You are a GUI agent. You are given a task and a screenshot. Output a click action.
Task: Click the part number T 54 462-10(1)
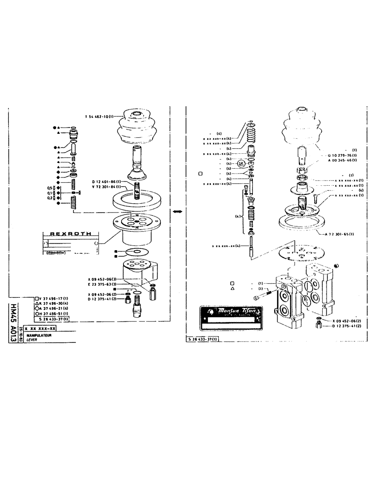click(99, 116)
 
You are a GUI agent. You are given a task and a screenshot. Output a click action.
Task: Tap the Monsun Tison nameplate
click(232, 317)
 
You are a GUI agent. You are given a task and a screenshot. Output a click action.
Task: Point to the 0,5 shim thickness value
click(49, 188)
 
